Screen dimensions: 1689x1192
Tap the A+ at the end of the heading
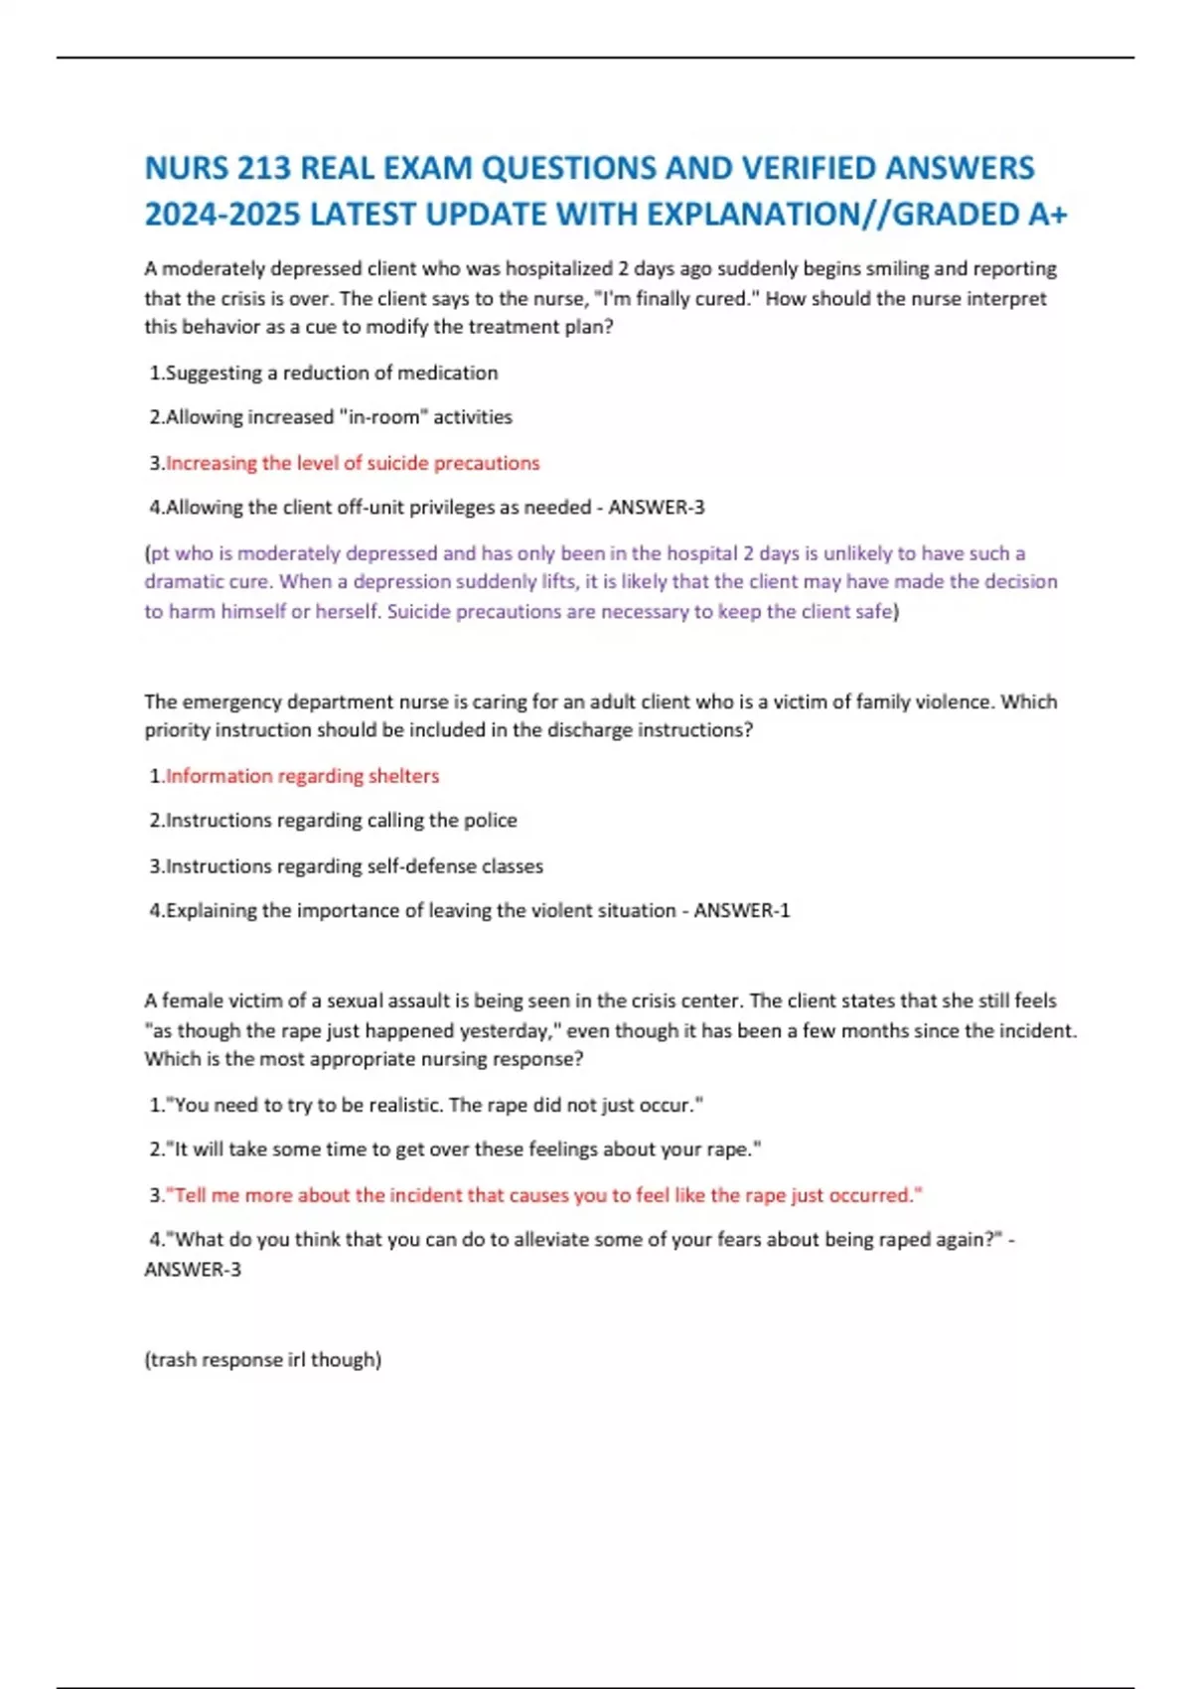1047,215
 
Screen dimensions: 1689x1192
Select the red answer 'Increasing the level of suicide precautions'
353,463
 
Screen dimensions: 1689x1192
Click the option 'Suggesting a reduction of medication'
331,374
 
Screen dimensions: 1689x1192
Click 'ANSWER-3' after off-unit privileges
656,508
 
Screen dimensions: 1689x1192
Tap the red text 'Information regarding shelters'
302,776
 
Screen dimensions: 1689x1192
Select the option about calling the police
341,821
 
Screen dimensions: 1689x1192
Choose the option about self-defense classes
354,866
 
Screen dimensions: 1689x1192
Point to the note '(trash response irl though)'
262,1360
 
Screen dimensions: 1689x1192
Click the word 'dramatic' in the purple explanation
179,582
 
